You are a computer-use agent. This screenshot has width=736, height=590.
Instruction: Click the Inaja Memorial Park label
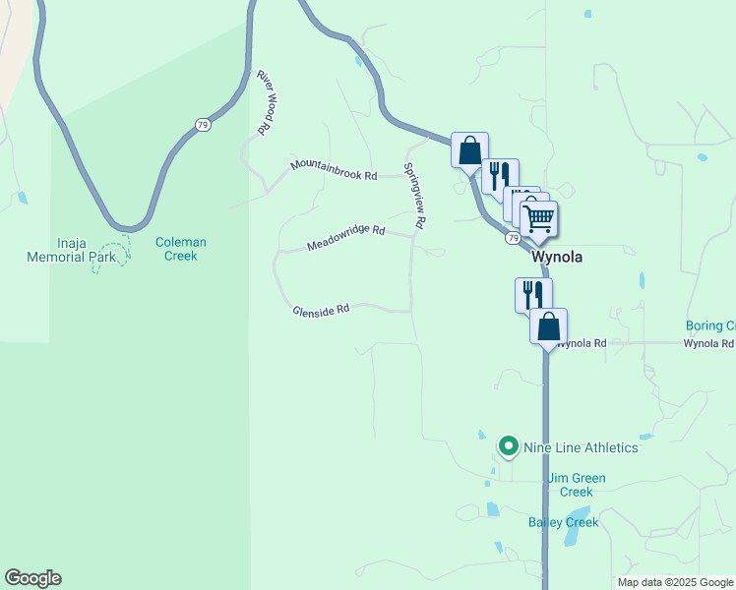[x=73, y=250]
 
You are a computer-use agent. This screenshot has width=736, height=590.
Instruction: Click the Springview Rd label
[x=413, y=196]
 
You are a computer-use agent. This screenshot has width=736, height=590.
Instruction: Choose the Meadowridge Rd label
[x=345, y=237]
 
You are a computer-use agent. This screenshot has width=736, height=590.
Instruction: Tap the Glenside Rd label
[x=321, y=310]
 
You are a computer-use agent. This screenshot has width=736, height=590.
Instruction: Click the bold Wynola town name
[x=557, y=258]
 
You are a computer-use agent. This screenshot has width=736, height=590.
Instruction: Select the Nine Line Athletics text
[x=581, y=447]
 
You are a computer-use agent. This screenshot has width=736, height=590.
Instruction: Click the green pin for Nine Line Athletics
[x=509, y=447]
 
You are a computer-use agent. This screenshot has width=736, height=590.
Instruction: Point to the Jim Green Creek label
[x=576, y=485]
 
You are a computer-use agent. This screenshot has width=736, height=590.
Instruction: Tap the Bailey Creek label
[x=563, y=522]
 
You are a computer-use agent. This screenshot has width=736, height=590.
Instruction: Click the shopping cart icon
[x=539, y=219]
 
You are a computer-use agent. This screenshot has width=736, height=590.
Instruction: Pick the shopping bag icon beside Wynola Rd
[x=548, y=326]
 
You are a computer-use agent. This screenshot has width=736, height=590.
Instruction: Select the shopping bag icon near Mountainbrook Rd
[x=469, y=150]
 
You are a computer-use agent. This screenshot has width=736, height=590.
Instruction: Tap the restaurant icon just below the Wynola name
[x=532, y=294]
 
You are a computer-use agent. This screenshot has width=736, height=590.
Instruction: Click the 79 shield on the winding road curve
[x=203, y=125]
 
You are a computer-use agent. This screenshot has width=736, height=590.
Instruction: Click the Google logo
[x=32, y=578]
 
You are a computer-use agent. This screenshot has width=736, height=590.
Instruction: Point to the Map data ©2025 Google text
[x=674, y=582]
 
